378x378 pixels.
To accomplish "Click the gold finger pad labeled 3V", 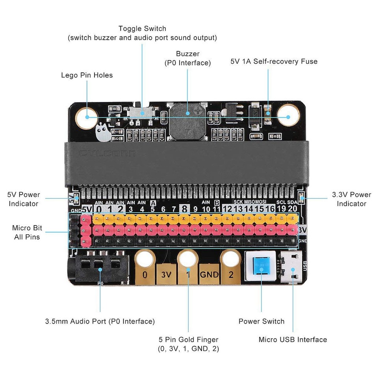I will point(167,274).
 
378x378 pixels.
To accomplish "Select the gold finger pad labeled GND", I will point(209,274).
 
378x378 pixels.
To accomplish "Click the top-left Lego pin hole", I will point(86,117).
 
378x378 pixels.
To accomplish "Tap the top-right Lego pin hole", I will point(288,117).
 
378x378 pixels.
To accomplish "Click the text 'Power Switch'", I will point(261,321).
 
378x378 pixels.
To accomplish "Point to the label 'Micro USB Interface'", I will point(293,339).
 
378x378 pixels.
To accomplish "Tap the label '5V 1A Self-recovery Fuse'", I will point(274,61).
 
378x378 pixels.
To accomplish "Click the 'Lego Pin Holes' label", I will point(87,75).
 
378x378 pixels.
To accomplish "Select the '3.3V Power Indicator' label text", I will point(352,199).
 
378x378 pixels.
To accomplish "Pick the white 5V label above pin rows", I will point(87,209).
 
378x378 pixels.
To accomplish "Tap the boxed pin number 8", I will point(184,209).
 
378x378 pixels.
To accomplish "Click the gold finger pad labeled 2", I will point(230,275).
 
